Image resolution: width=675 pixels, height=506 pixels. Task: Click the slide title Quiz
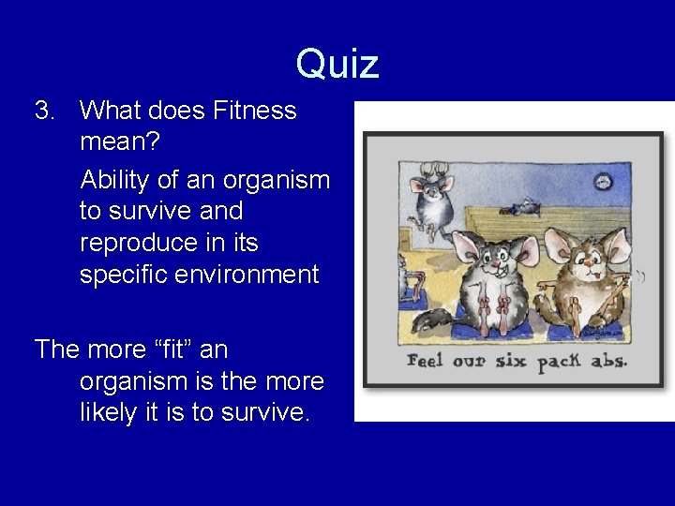(337, 65)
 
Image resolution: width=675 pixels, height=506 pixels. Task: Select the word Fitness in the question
(254, 111)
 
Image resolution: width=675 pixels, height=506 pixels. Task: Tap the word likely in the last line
(108, 413)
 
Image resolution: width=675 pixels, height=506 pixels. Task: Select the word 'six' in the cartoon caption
(512, 361)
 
